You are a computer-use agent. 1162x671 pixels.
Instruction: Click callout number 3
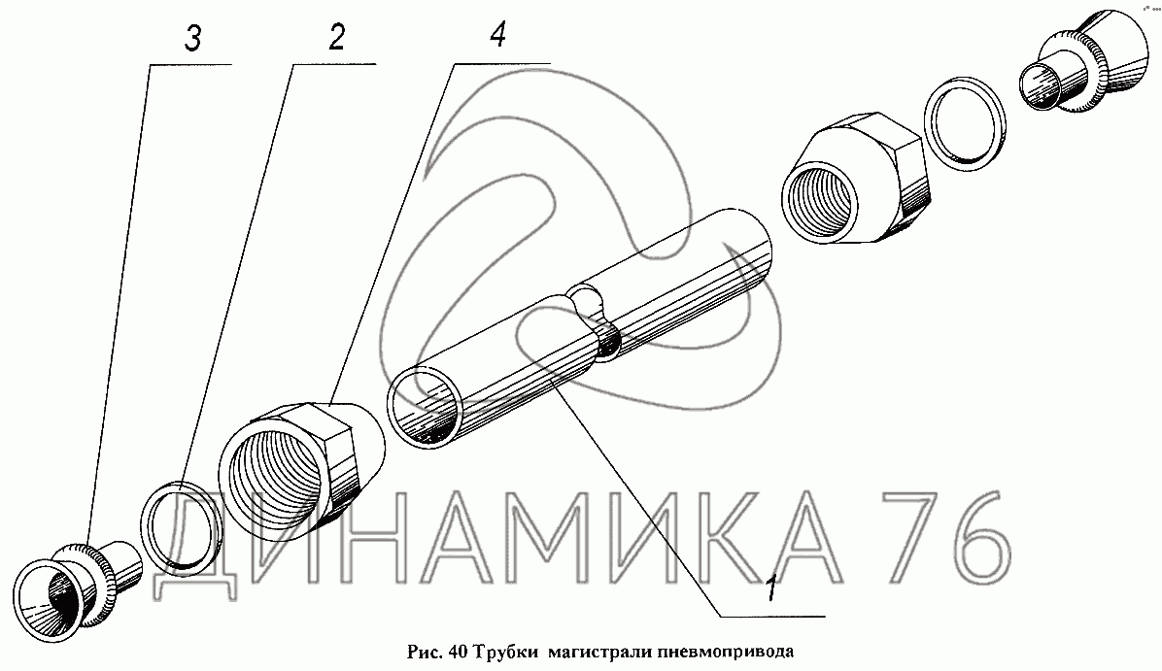192,39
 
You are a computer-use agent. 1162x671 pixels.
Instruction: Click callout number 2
337,37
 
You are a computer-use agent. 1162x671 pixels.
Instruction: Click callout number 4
498,33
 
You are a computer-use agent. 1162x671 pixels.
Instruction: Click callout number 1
770,588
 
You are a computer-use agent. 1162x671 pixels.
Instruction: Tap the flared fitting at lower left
77,587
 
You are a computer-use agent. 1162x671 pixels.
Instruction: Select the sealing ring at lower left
181,526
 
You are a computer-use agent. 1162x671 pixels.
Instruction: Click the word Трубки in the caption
507,652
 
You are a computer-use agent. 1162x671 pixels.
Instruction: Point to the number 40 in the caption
459,652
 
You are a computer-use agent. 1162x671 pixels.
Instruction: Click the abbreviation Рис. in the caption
426,653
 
